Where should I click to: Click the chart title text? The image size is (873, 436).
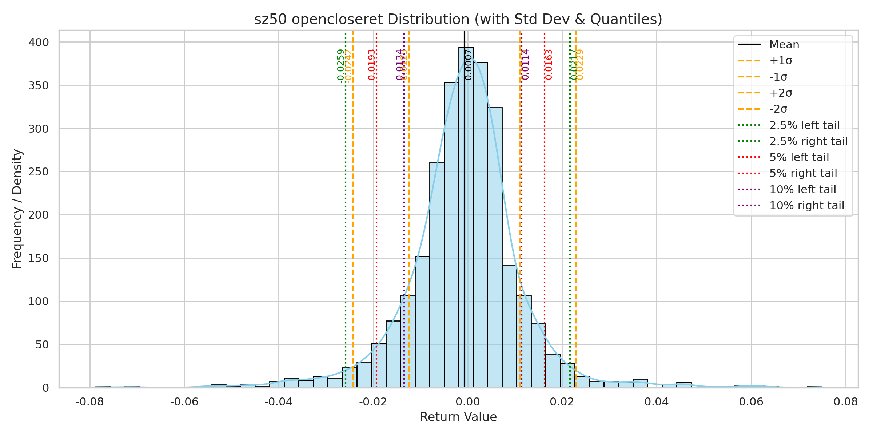[x=458, y=19]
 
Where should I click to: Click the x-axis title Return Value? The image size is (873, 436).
[x=458, y=417]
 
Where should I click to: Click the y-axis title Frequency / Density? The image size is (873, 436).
[x=17, y=209]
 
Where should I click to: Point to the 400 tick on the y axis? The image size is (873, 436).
[x=39, y=43]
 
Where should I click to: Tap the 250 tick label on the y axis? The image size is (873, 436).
[x=39, y=172]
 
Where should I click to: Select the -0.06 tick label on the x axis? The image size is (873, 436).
[x=184, y=402]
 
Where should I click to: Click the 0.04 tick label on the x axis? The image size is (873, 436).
[x=656, y=402]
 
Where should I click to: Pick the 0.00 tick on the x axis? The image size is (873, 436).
[x=467, y=402]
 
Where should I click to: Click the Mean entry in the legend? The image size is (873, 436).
[x=784, y=45]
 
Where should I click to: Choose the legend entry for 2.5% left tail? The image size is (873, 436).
[x=804, y=125]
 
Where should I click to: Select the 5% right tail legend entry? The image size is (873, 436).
[x=803, y=173]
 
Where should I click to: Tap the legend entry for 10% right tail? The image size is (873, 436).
[x=806, y=206]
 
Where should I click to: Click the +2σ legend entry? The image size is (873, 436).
[x=781, y=93]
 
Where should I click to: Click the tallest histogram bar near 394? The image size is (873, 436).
[x=466, y=218]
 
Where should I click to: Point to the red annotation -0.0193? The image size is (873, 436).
[x=371, y=65]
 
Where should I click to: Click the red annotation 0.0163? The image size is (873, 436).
[x=549, y=64]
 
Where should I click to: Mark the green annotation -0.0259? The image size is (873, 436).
[x=340, y=65]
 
